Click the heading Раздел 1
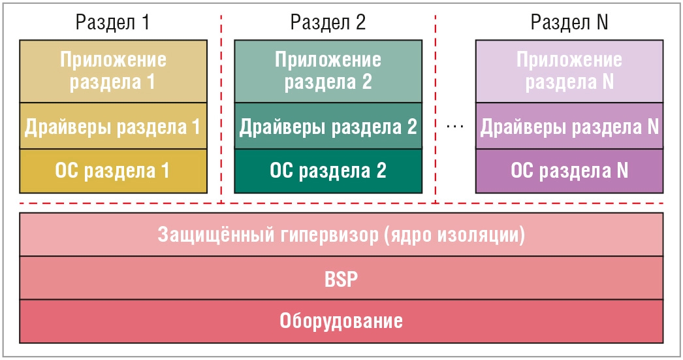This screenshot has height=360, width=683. coord(113,22)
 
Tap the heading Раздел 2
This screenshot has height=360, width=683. coord(328,22)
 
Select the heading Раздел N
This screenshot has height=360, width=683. coord(569,22)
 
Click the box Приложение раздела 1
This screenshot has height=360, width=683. coord(113,71)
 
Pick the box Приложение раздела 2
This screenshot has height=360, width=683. coord(328,71)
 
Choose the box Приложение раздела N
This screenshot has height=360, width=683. coord(569,71)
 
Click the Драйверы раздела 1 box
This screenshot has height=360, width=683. coord(113,126)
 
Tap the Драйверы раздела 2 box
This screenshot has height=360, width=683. coord(328,126)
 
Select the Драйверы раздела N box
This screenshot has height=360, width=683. coord(569,126)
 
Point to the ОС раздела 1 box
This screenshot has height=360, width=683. coord(113,171)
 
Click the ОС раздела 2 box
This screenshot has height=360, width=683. coord(328,171)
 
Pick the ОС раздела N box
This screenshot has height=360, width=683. coord(569,171)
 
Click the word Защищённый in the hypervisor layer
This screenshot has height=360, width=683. coord(216,235)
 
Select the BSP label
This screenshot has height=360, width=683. coord(341,279)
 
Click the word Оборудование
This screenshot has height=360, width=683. coord(341,321)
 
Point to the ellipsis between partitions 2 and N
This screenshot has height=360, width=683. coord(455,126)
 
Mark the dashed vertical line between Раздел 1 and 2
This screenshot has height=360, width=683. coord(221,109)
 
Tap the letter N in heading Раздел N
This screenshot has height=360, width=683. coord(603,22)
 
